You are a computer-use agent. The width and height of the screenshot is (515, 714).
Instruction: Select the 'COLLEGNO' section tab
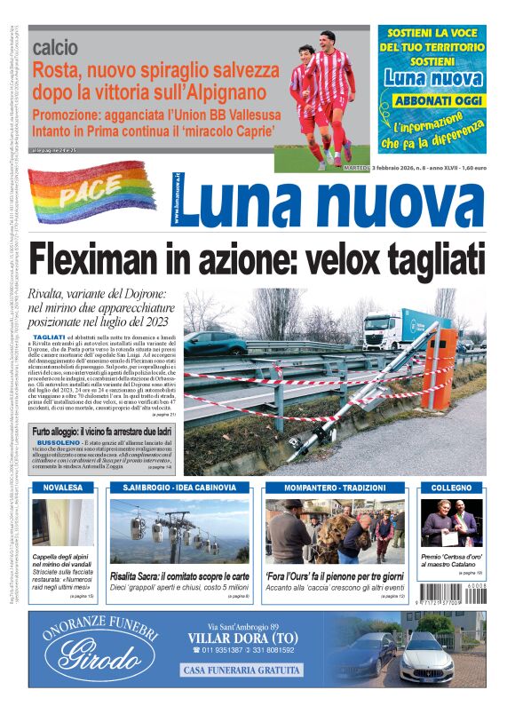tap(452, 488)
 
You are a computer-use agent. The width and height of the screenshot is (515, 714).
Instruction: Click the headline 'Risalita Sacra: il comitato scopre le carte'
tap(179, 575)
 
